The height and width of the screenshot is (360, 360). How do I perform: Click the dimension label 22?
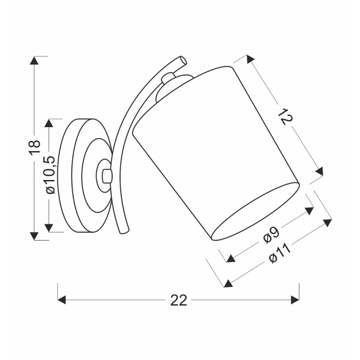pyautogui.click(x=179, y=300)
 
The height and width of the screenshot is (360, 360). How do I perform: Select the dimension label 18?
pyautogui.click(x=34, y=146)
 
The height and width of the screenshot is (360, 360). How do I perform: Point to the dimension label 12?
pyautogui.click(x=286, y=117)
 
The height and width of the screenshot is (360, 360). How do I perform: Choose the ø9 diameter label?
pyautogui.click(x=271, y=235)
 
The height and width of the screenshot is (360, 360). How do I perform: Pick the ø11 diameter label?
pyautogui.click(x=280, y=253)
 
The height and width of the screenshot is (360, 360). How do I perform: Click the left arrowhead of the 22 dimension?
pyautogui.click(x=62, y=300)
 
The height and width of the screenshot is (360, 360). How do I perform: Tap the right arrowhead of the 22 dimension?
pyautogui.click(x=295, y=300)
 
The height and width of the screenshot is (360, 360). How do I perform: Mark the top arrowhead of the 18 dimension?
pyautogui.click(x=34, y=61)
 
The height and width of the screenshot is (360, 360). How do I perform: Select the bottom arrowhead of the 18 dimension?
pyautogui.click(x=34, y=236)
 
